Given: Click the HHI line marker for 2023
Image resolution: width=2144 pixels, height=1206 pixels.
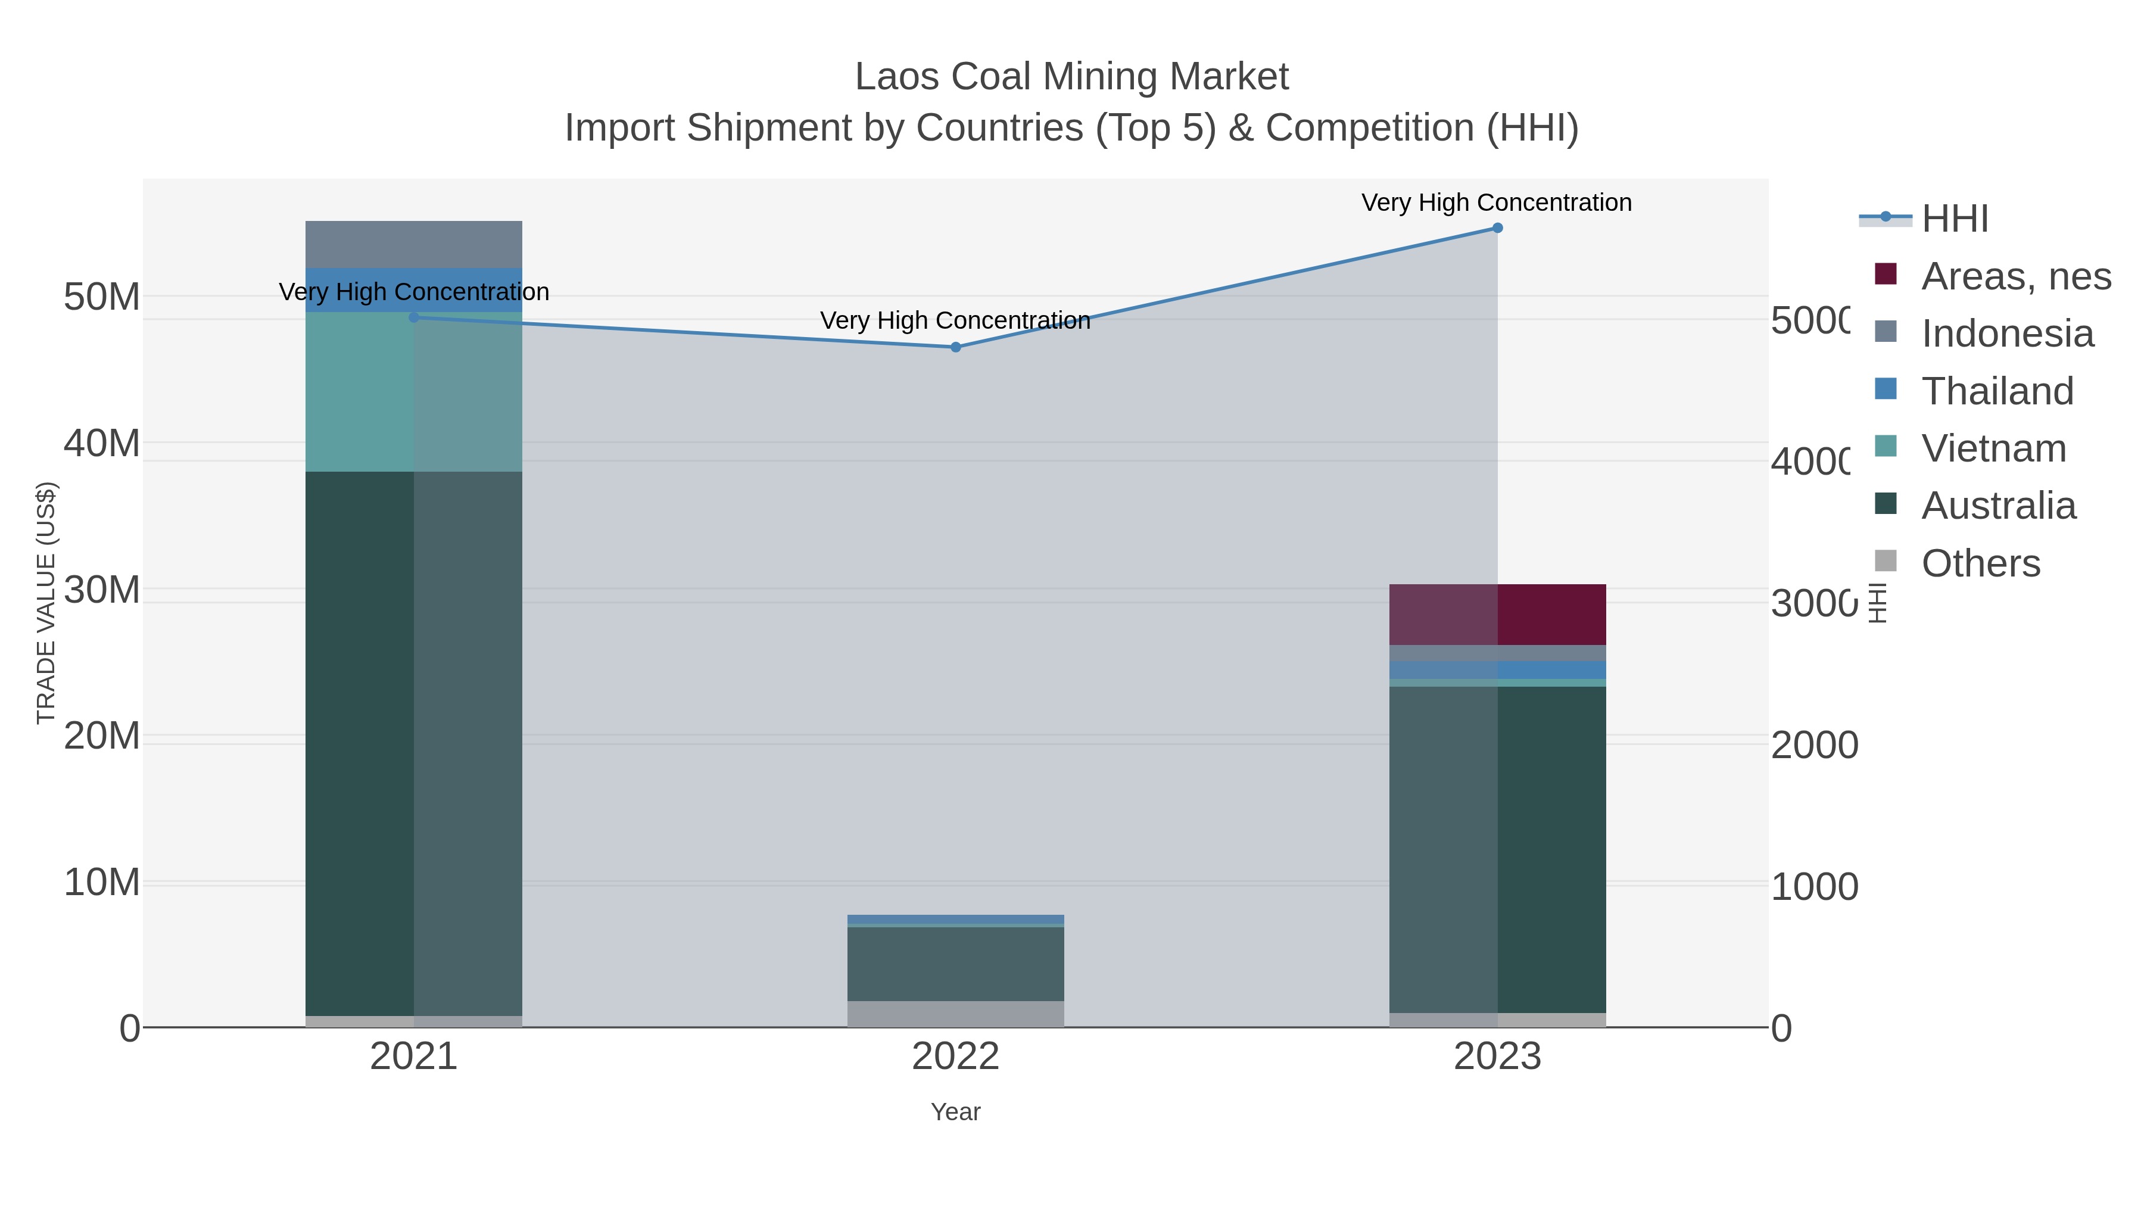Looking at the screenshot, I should tap(1497, 228).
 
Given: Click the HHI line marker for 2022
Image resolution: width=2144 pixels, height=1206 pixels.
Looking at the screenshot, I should tap(955, 347).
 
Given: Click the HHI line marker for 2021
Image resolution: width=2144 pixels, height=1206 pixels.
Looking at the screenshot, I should tap(414, 317).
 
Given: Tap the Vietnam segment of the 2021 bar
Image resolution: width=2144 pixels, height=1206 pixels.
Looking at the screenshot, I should tap(414, 391).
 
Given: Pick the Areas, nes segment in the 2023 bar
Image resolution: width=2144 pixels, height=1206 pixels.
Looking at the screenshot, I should tap(1497, 614).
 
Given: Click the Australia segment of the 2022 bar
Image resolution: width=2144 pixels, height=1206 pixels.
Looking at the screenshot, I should tap(955, 963).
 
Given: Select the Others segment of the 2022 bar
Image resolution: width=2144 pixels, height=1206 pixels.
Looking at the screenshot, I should tap(955, 1014).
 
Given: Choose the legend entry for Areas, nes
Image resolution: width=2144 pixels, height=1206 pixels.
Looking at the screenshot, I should tap(2014, 276).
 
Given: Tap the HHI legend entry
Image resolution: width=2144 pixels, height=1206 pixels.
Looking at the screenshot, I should tap(1953, 219).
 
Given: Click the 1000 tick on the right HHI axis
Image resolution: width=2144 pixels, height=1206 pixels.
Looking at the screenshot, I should tap(1813, 887).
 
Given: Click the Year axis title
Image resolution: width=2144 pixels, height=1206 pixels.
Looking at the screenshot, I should tap(955, 1112).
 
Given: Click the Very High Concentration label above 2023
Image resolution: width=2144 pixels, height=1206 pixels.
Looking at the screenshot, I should tap(1497, 202).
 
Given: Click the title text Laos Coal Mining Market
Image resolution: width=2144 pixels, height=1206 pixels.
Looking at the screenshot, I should tap(1071, 77).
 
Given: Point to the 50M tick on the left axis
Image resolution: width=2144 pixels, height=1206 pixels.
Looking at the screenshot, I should tap(101, 297).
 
